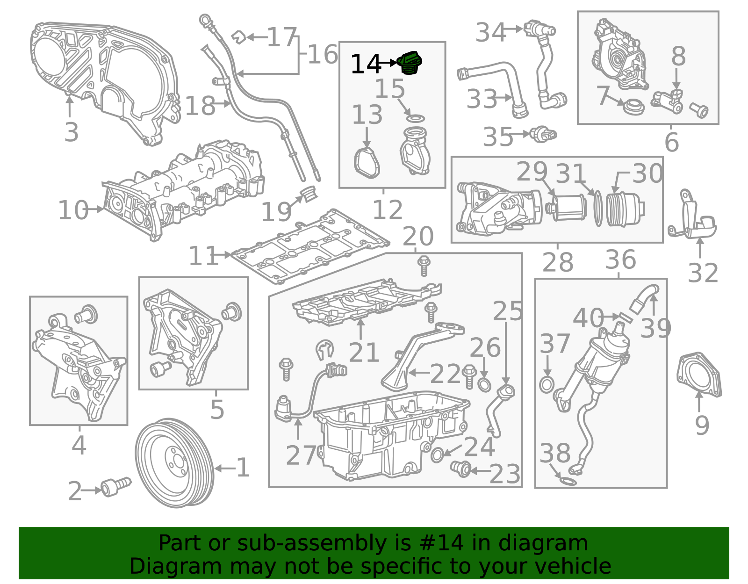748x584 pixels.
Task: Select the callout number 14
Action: point(366,64)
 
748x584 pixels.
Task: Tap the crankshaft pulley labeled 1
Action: point(174,463)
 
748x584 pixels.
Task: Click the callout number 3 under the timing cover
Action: point(72,132)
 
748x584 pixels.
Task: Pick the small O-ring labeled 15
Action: point(416,119)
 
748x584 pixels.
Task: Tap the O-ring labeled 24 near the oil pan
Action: point(437,455)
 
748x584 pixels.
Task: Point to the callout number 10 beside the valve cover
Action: point(73,210)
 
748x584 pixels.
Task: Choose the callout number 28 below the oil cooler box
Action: point(558,262)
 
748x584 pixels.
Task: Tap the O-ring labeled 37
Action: point(547,385)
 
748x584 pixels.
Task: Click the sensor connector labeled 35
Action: point(543,134)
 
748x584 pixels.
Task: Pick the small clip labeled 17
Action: point(238,37)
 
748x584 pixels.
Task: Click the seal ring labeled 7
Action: point(634,107)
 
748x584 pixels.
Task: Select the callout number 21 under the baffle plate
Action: point(364,353)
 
